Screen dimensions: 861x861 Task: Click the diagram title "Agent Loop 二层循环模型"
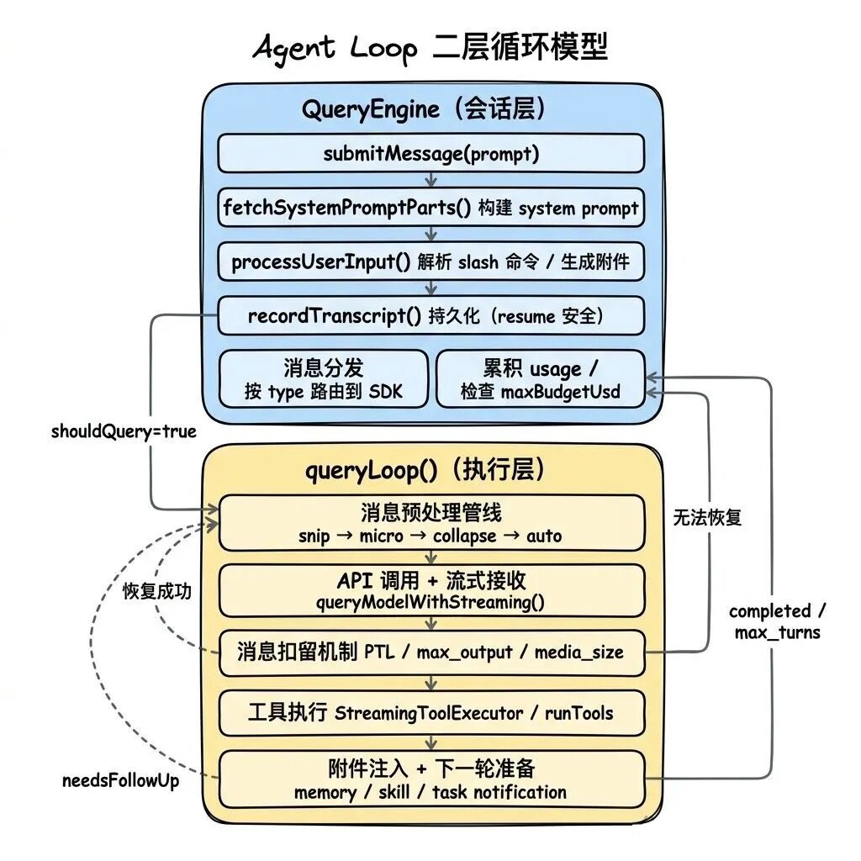pyautogui.click(x=430, y=48)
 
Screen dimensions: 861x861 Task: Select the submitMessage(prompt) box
pyautogui.click(x=430, y=154)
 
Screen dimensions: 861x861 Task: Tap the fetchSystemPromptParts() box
pyautogui.click(x=430, y=208)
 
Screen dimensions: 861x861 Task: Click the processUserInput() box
pyautogui.click(x=430, y=261)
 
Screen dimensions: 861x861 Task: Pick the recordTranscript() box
pyautogui.click(x=430, y=316)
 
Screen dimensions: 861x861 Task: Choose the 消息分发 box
pyautogui.click(x=324, y=379)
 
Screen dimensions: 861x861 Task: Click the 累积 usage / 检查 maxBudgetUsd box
pyautogui.click(x=540, y=379)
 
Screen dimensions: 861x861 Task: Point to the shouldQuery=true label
pyautogui.click(x=124, y=431)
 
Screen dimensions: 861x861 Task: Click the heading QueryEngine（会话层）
pyautogui.click(x=430, y=108)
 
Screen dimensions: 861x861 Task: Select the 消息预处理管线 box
pyautogui.click(x=430, y=522)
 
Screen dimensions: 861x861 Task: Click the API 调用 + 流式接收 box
pyautogui.click(x=430, y=590)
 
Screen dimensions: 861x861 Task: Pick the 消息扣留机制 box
pyautogui.click(x=430, y=652)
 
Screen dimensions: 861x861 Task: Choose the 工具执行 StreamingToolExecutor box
pyautogui.click(x=430, y=713)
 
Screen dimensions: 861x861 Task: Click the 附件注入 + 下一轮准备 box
pyautogui.click(x=430, y=779)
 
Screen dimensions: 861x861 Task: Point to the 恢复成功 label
pyautogui.click(x=156, y=591)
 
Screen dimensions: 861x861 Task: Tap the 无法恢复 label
pyautogui.click(x=707, y=518)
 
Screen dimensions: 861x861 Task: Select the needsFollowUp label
pyautogui.click(x=121, y=780)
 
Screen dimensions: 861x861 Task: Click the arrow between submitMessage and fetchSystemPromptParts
pyautogui.click(x=430, y=181)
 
